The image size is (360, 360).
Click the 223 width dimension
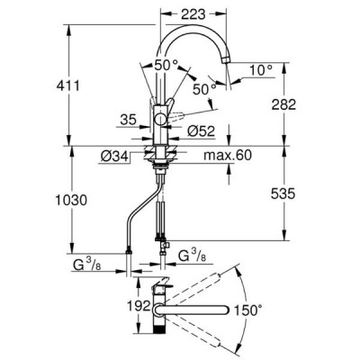(193, 14)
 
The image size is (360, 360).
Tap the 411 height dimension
(68, 86)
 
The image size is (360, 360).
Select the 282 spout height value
(283, 104)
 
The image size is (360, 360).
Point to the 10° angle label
(261, 71)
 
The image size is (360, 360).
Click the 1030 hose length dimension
(71, 200)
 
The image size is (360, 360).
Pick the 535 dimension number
(283, 193)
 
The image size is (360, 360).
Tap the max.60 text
(228, 155)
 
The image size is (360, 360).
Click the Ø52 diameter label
(202, 131)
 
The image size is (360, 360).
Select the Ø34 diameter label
(114, 157)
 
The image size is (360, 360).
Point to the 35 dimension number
(129, 120)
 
